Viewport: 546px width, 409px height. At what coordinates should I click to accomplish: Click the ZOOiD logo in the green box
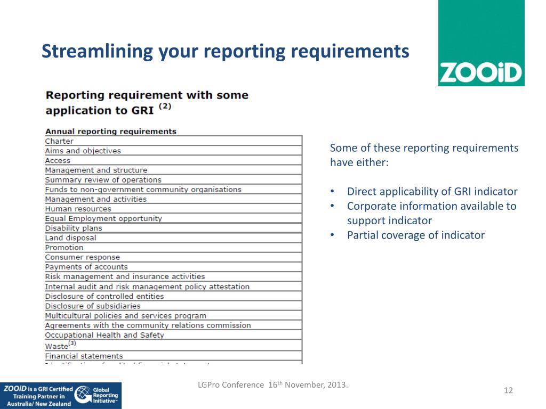tap(480, 72)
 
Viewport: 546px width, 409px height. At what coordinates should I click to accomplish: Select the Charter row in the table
tap(59, 141)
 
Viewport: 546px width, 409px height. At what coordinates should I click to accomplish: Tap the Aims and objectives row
tap(83, 151)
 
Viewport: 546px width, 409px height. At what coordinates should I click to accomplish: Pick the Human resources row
tap(78, 209)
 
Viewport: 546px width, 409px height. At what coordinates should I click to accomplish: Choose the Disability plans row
tap(73, 228)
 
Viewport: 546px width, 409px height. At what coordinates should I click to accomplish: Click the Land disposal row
tap(70, 238)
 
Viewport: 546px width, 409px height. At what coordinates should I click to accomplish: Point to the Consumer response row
tap(82, 257)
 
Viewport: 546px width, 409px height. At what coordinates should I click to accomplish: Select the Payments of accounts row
tap(86, 267)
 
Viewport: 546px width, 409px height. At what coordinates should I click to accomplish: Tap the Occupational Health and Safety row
tap(104, 335)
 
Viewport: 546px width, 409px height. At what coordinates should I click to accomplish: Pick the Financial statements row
tap(84, 356)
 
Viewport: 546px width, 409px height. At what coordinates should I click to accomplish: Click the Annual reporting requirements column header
tap(110, 131)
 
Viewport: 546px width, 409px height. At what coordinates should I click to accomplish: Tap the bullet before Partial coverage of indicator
tap(332, 235)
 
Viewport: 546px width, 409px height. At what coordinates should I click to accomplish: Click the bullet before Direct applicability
tap(332, 192)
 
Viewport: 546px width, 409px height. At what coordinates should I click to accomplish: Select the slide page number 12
tap(508, 391)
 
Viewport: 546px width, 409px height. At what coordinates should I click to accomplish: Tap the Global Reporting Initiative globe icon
tap(83, 395)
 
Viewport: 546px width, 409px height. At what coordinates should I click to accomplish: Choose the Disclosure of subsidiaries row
tap(92, 306)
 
